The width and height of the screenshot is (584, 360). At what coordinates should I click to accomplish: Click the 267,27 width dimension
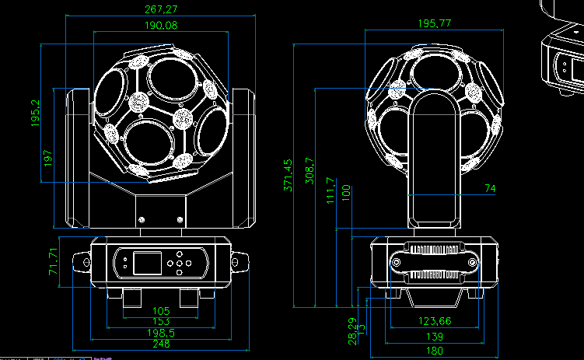(161, 9)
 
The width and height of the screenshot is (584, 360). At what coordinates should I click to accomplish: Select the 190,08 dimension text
(161, 26)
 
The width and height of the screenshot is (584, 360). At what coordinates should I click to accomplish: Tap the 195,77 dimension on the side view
(435, 23)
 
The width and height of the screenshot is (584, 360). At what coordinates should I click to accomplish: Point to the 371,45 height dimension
(289, 175)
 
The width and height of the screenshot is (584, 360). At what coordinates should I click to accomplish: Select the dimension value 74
(489, 188)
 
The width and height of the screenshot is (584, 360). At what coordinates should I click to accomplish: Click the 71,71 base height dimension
(54, 262)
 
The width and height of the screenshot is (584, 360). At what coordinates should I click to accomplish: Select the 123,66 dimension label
(435, 321)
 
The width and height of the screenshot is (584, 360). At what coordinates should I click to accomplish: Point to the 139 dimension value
(435, 337)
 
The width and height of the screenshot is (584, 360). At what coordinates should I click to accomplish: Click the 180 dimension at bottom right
(435, 351)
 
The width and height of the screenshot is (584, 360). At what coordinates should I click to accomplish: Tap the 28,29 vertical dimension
(352, 330)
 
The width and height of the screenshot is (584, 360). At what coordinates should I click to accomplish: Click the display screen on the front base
(147, 262)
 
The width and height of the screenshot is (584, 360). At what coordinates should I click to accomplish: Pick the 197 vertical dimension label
(49, 159)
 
